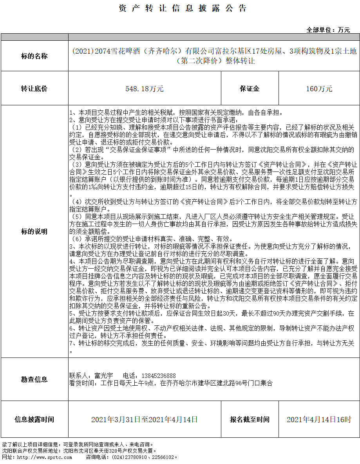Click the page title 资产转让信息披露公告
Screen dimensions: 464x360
183,9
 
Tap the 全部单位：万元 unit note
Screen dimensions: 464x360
328,30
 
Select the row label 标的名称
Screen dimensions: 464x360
34,56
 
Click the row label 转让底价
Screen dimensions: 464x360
34,88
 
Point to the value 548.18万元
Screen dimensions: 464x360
145,89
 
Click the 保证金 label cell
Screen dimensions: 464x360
250,88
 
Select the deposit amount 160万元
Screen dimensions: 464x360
319,89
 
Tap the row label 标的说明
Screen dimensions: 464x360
34,231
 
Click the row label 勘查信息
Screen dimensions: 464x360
34,379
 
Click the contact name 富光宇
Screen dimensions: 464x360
104,376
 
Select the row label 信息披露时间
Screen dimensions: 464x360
34,419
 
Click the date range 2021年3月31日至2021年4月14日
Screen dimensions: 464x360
145,420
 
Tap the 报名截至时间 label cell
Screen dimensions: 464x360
250,419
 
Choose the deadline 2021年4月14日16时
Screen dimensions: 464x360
319,420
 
